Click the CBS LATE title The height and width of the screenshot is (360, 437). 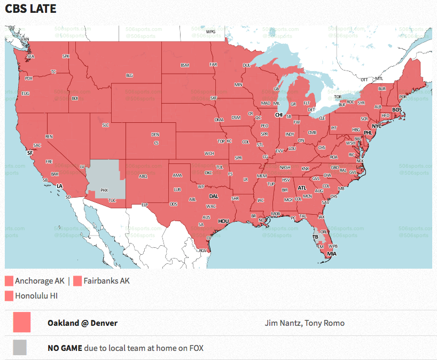pos(31,9)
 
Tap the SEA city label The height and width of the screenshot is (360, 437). pos(30,56)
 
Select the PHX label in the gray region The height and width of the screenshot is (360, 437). pos(104,190)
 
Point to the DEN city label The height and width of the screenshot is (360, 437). pos(155,135)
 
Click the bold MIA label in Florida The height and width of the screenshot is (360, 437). pos(332,254)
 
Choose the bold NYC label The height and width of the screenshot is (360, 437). pos(377,126)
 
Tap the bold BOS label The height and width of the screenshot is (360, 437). pos(397,110)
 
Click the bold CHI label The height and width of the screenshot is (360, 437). pos(278,115)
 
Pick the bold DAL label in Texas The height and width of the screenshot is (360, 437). pos(214,197)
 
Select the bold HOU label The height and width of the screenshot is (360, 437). pos(223,221)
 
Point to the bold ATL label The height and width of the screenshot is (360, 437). pos(302,188)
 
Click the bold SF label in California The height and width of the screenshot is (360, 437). pos(30,153)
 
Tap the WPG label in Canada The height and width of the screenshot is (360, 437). pos(210,32)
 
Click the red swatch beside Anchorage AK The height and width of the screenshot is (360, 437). pos(9,281)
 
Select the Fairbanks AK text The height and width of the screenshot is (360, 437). pos(106,281)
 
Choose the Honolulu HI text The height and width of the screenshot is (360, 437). pos(36,295)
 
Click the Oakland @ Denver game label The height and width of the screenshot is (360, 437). pos(82,323)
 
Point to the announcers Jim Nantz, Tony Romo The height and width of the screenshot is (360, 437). pos(305,323)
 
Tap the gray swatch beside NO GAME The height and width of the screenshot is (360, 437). pos(20,348)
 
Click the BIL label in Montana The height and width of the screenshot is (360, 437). pos(129,76)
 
